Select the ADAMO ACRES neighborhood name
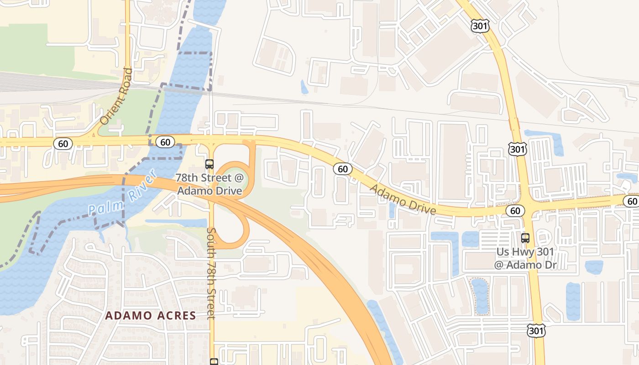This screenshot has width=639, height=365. pos(151,315)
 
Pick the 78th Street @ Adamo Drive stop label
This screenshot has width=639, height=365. pos(210,184)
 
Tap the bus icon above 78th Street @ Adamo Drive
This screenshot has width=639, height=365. pos(210,164)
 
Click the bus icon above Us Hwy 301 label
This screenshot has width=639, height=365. pos(525,238)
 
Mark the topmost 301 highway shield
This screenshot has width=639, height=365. pos(480,26)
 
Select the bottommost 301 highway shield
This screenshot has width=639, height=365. pos(535,331)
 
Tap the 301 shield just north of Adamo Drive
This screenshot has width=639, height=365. pos(517,148)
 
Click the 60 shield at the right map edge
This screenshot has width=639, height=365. pos(632,201)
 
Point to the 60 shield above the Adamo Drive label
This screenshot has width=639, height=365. pos(343,169)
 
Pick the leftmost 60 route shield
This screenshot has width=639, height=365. pos(63,144)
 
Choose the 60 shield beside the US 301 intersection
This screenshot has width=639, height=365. pos(515,210)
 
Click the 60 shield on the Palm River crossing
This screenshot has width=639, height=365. pos(165,142)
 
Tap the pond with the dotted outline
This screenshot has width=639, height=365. pos(480,296)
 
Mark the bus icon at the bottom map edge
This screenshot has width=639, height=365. pos(214,362)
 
